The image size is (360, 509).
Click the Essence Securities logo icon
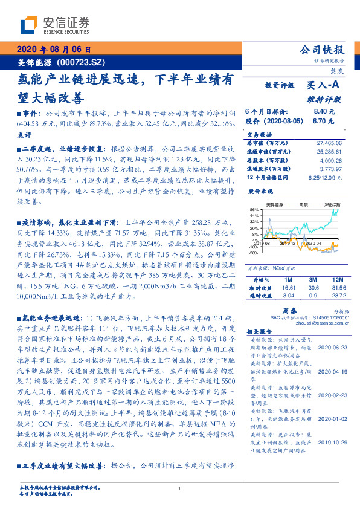pos(28,25)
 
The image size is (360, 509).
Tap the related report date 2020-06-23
pos(329,348)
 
